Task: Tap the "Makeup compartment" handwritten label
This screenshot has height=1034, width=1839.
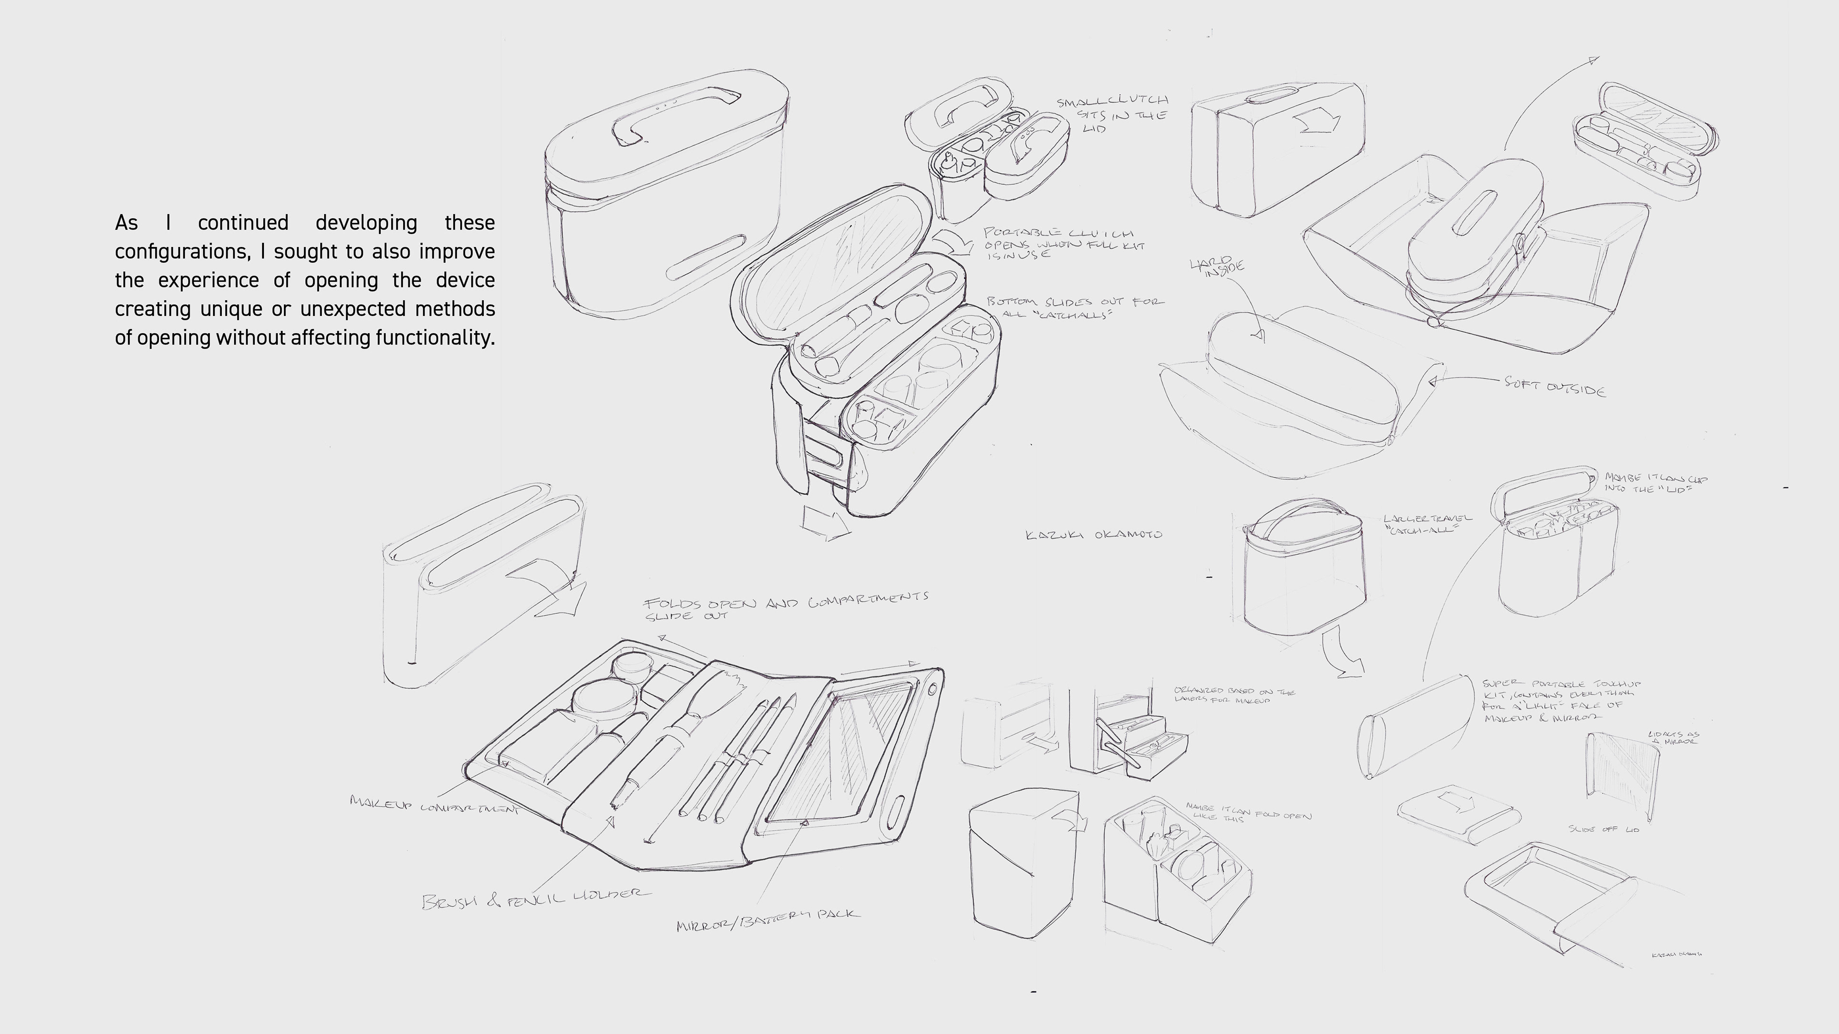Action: click(434, 805)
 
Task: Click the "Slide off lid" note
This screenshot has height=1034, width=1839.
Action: click(1603, 829)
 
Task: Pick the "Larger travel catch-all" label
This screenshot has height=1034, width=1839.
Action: click(1426, 524)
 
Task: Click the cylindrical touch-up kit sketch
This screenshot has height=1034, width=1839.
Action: click(1414, 724)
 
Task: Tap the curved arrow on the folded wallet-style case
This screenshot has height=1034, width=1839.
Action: click(550, 585)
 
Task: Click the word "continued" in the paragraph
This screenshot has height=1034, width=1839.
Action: click(243, 223)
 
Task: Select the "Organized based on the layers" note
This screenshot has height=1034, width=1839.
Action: click(1234, 695)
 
